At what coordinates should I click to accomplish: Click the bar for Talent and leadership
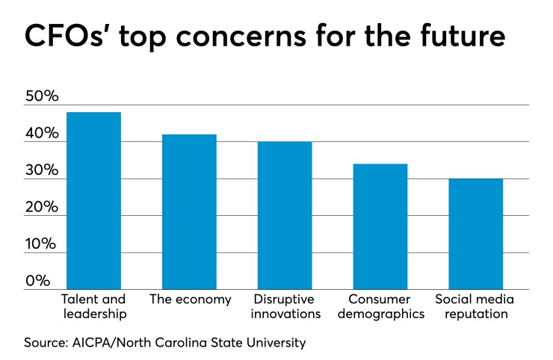[93, 200]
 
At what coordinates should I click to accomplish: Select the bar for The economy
[189, 211]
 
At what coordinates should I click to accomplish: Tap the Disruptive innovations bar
[285, 215]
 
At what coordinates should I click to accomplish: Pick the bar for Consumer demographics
[380, 226]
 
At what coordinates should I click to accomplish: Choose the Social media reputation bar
[476, 234]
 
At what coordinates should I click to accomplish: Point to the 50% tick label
[42, 97]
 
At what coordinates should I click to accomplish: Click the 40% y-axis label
[42, 134]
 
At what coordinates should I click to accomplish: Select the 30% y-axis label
[42, 171]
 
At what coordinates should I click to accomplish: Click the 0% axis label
[37, 282]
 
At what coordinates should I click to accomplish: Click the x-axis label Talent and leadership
[93, 307]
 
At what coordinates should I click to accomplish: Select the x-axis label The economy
[189, 300]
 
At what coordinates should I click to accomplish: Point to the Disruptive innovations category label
[285, 307]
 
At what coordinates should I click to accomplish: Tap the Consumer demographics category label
[380, 307]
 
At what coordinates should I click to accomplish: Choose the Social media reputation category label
[476, 307]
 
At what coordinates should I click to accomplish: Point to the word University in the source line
[277, 343]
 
